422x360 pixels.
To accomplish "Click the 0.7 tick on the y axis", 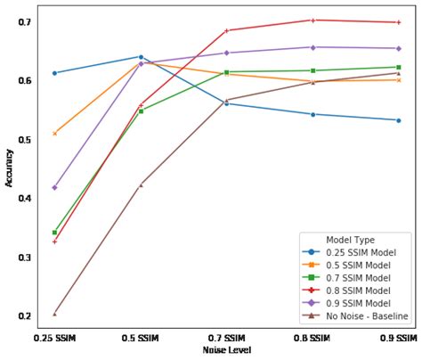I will point(24,21).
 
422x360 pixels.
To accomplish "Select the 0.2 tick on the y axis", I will point(24,316).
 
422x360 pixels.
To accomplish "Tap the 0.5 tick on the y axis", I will point(24,140).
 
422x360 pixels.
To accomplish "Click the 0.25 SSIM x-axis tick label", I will point(54,339).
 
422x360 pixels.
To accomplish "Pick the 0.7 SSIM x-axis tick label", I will point(226,339).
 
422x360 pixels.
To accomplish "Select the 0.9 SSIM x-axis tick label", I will point(397,339).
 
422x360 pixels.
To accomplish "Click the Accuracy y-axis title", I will point(9,167).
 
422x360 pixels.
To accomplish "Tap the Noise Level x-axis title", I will point(226,351).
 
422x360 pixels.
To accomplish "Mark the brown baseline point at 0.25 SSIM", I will point(54,314).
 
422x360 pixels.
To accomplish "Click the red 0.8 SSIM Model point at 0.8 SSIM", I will point(312,20).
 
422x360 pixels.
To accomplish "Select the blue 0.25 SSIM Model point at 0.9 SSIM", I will point(398,120).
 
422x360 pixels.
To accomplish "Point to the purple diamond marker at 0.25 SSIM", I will point(54,187).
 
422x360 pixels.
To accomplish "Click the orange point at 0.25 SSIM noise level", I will point(54,134).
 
